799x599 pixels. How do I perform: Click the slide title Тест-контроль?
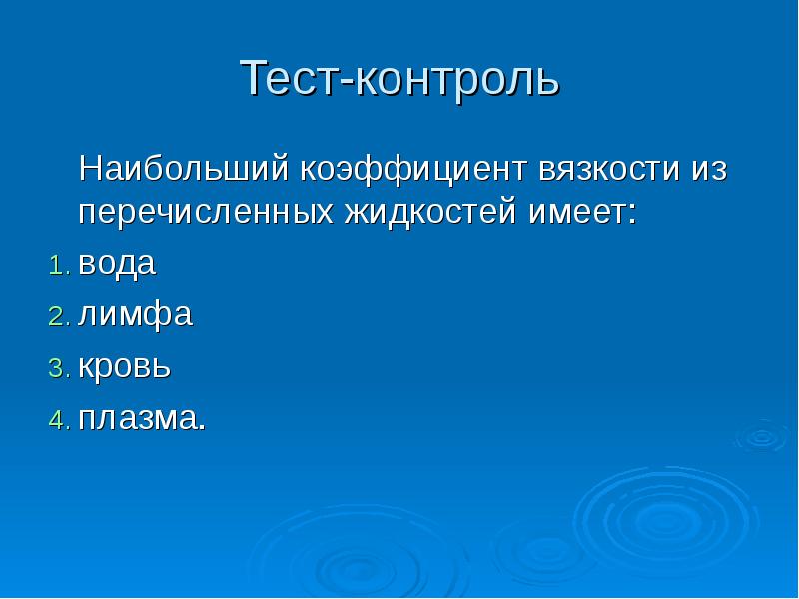[x=399, y=79]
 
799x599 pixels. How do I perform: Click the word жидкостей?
[x=428, y=212]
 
